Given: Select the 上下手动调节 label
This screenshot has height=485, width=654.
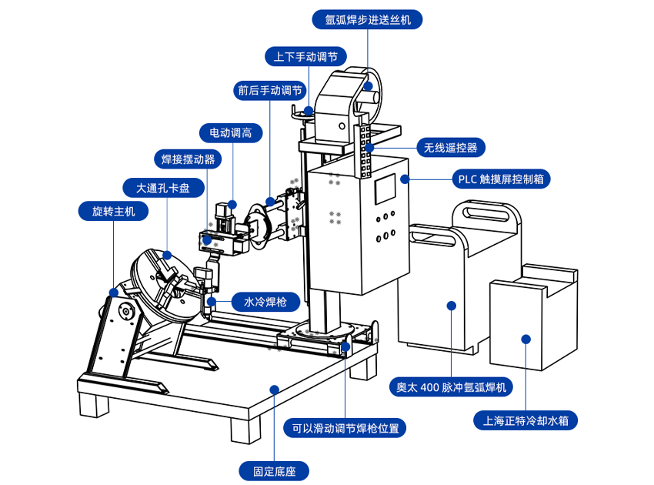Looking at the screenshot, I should point(305,56).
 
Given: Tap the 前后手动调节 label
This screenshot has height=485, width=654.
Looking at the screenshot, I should point(269,90).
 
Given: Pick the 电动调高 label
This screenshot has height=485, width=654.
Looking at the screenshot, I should point(231,132).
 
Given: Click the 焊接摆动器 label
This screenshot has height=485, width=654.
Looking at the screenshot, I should point(188,159).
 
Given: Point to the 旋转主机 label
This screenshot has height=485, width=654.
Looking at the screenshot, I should point(113,210).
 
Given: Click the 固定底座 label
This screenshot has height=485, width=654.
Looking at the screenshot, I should point(274,470).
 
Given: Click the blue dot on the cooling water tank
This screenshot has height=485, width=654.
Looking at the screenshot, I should point(526,339).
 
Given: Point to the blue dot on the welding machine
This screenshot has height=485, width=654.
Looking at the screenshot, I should point(452,306).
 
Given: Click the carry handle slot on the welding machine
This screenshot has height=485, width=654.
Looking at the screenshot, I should point(479,211).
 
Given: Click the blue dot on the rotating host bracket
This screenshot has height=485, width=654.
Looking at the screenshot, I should point(114,293).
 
